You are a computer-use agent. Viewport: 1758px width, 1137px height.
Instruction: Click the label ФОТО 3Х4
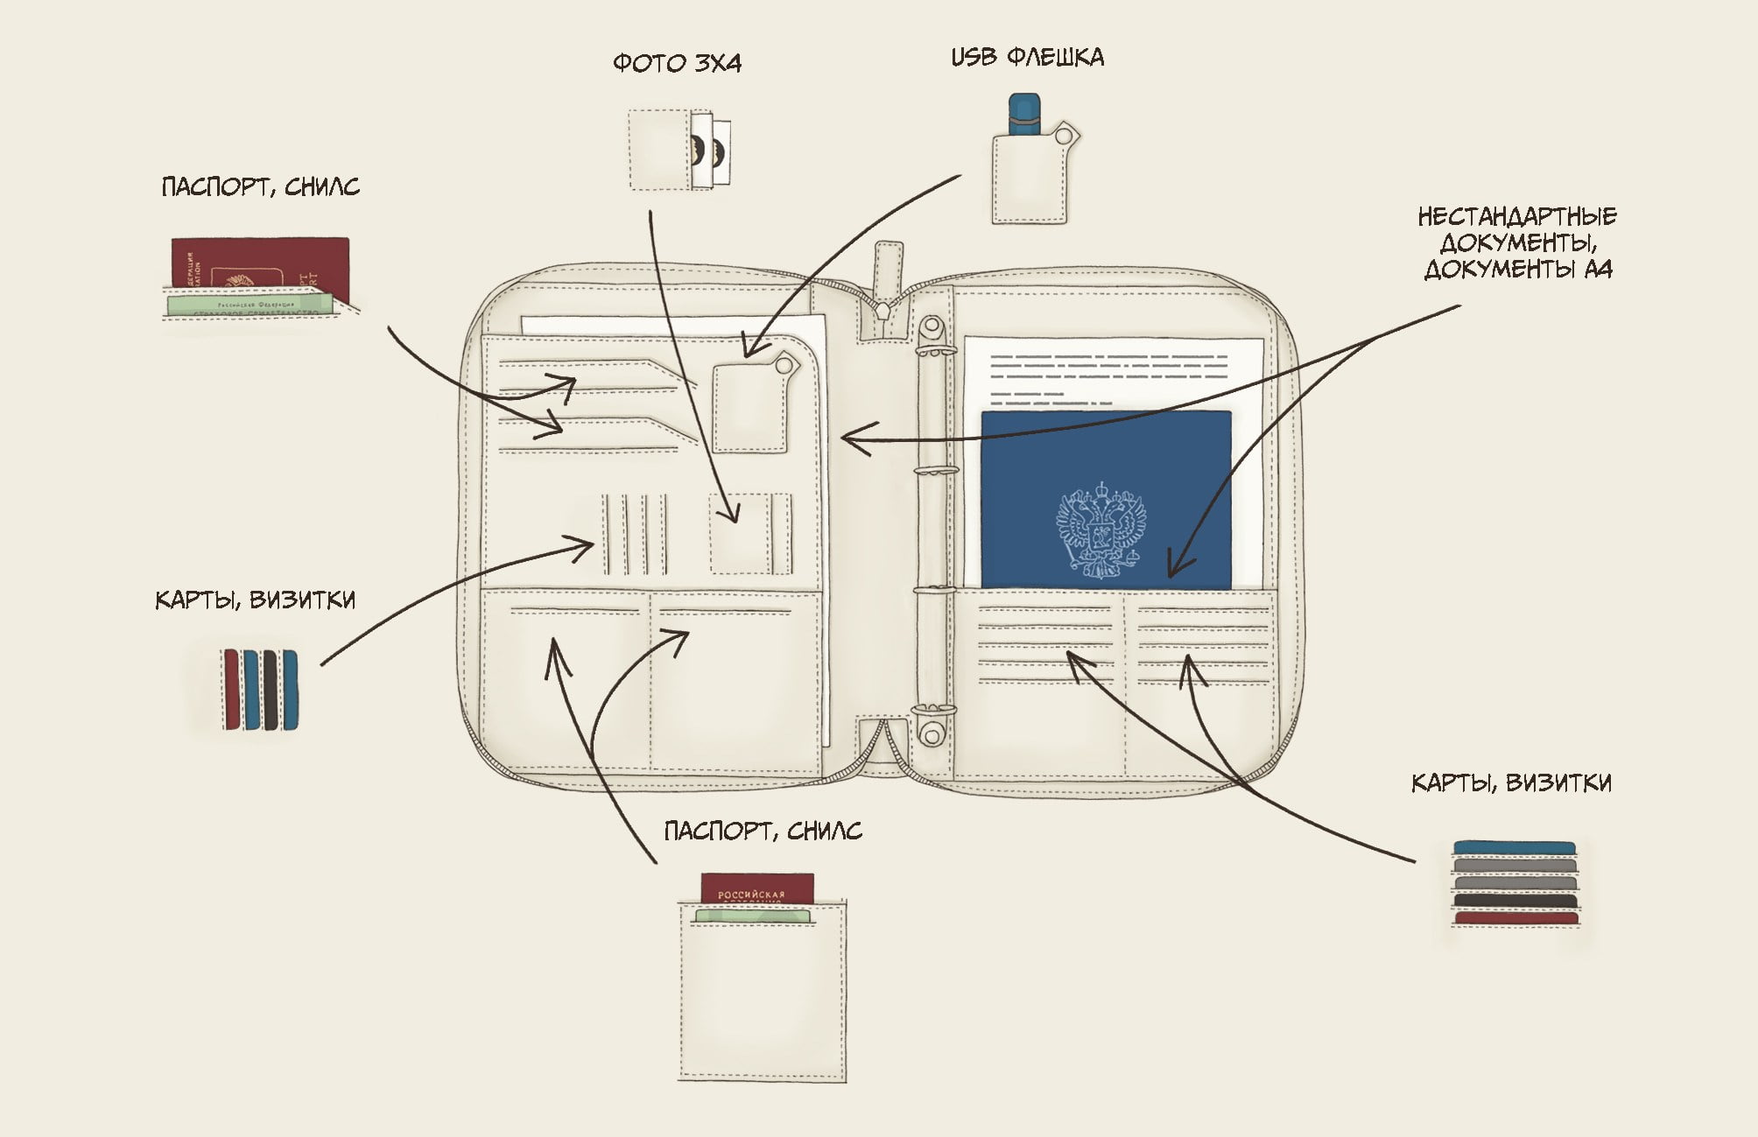[x=677, y=63]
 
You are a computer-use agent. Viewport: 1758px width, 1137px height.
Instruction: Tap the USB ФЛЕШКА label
[x=1027, y=58]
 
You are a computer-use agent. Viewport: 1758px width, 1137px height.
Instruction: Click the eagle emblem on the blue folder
[x=1101, y=530]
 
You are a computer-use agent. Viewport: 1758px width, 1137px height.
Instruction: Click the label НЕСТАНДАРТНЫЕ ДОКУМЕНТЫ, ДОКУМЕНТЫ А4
[x=1517, y=242]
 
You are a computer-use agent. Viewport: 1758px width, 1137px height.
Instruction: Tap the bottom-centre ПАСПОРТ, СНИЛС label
[x=763, y=830]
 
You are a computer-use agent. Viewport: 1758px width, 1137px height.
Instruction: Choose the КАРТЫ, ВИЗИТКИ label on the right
[x=1511, y=783]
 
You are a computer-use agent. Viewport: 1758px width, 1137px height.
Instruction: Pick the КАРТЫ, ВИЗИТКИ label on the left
[x=255, y=600]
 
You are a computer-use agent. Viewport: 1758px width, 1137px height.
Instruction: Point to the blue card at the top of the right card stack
[x=1514, y=847]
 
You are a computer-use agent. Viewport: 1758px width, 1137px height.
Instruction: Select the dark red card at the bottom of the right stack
[x=1515, y=917]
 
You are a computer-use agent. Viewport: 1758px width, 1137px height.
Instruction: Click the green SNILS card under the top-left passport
[x=250, y=304]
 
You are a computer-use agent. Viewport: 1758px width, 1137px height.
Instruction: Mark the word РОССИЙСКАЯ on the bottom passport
[x=751, y=895]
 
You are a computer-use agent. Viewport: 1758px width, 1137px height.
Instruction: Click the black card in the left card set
[x=270, y=690]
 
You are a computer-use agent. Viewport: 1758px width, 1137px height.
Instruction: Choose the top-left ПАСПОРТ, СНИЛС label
[x=260, y=186]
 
